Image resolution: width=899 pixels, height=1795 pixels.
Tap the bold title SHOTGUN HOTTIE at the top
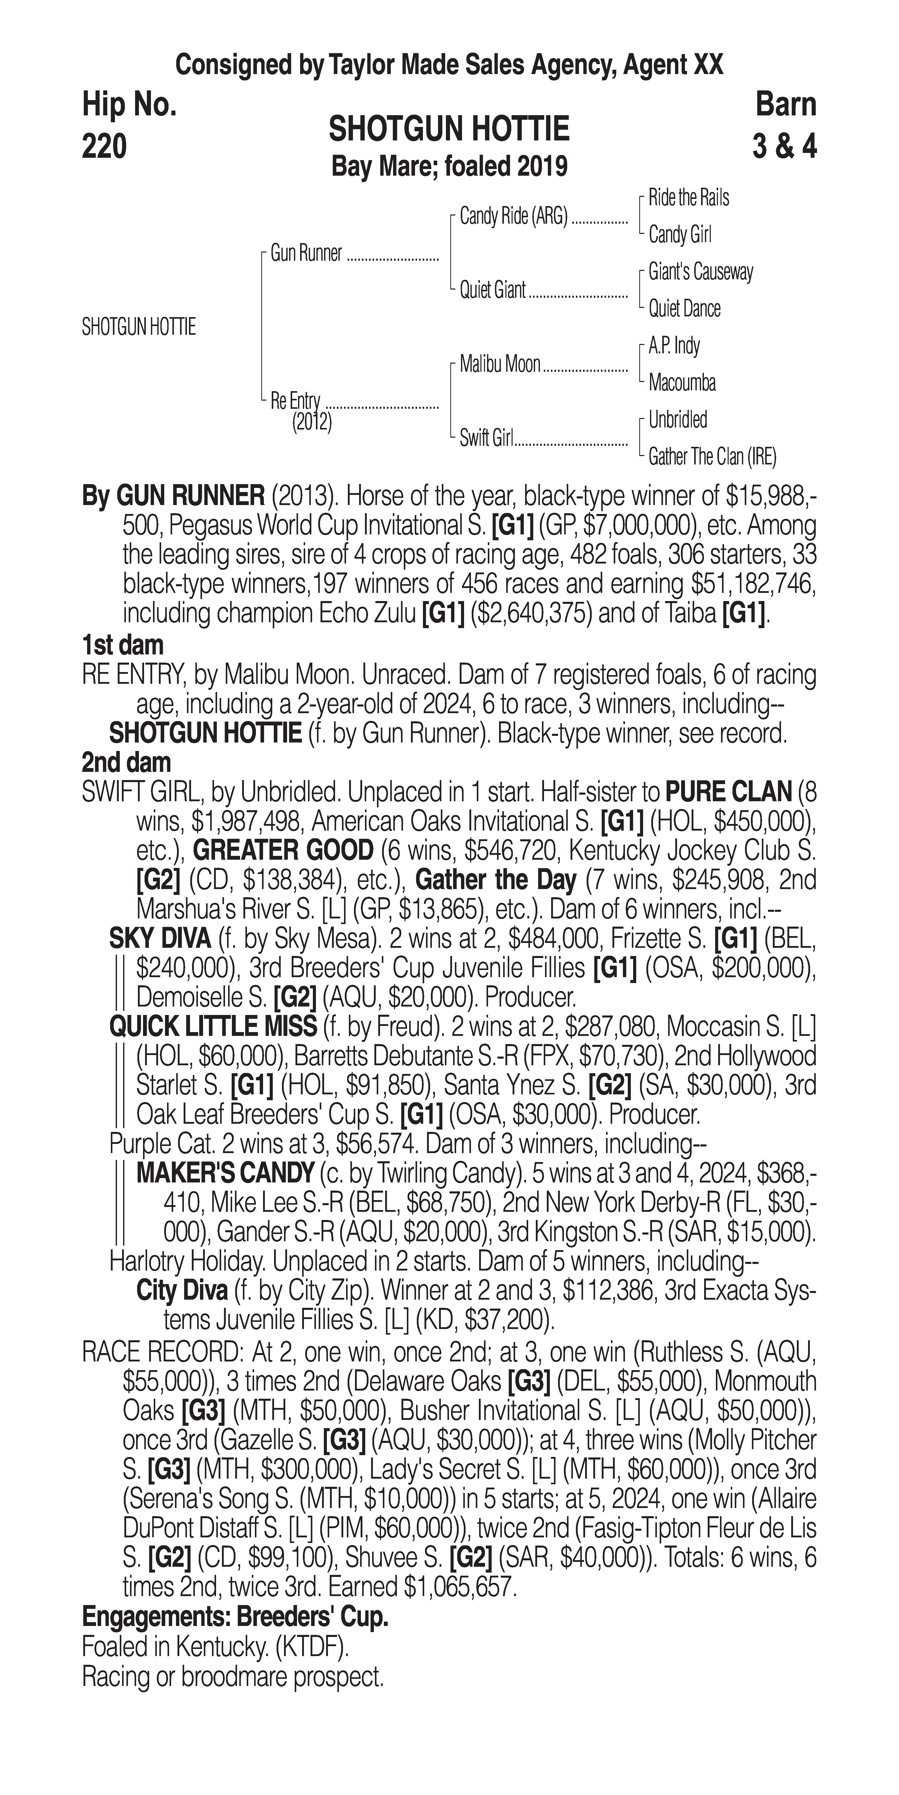click(449, 130)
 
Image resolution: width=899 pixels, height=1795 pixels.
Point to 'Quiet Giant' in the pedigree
click(492, 290)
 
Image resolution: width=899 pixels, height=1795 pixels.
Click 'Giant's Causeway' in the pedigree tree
click(700, 272)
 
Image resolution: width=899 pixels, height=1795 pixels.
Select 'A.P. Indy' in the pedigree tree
click(674, 346)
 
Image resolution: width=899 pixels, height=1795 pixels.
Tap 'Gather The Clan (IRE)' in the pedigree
click(712, 457)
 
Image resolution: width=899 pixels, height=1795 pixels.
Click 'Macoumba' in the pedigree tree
click(682, 382)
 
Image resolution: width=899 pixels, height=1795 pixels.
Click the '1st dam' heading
click(123, 645)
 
